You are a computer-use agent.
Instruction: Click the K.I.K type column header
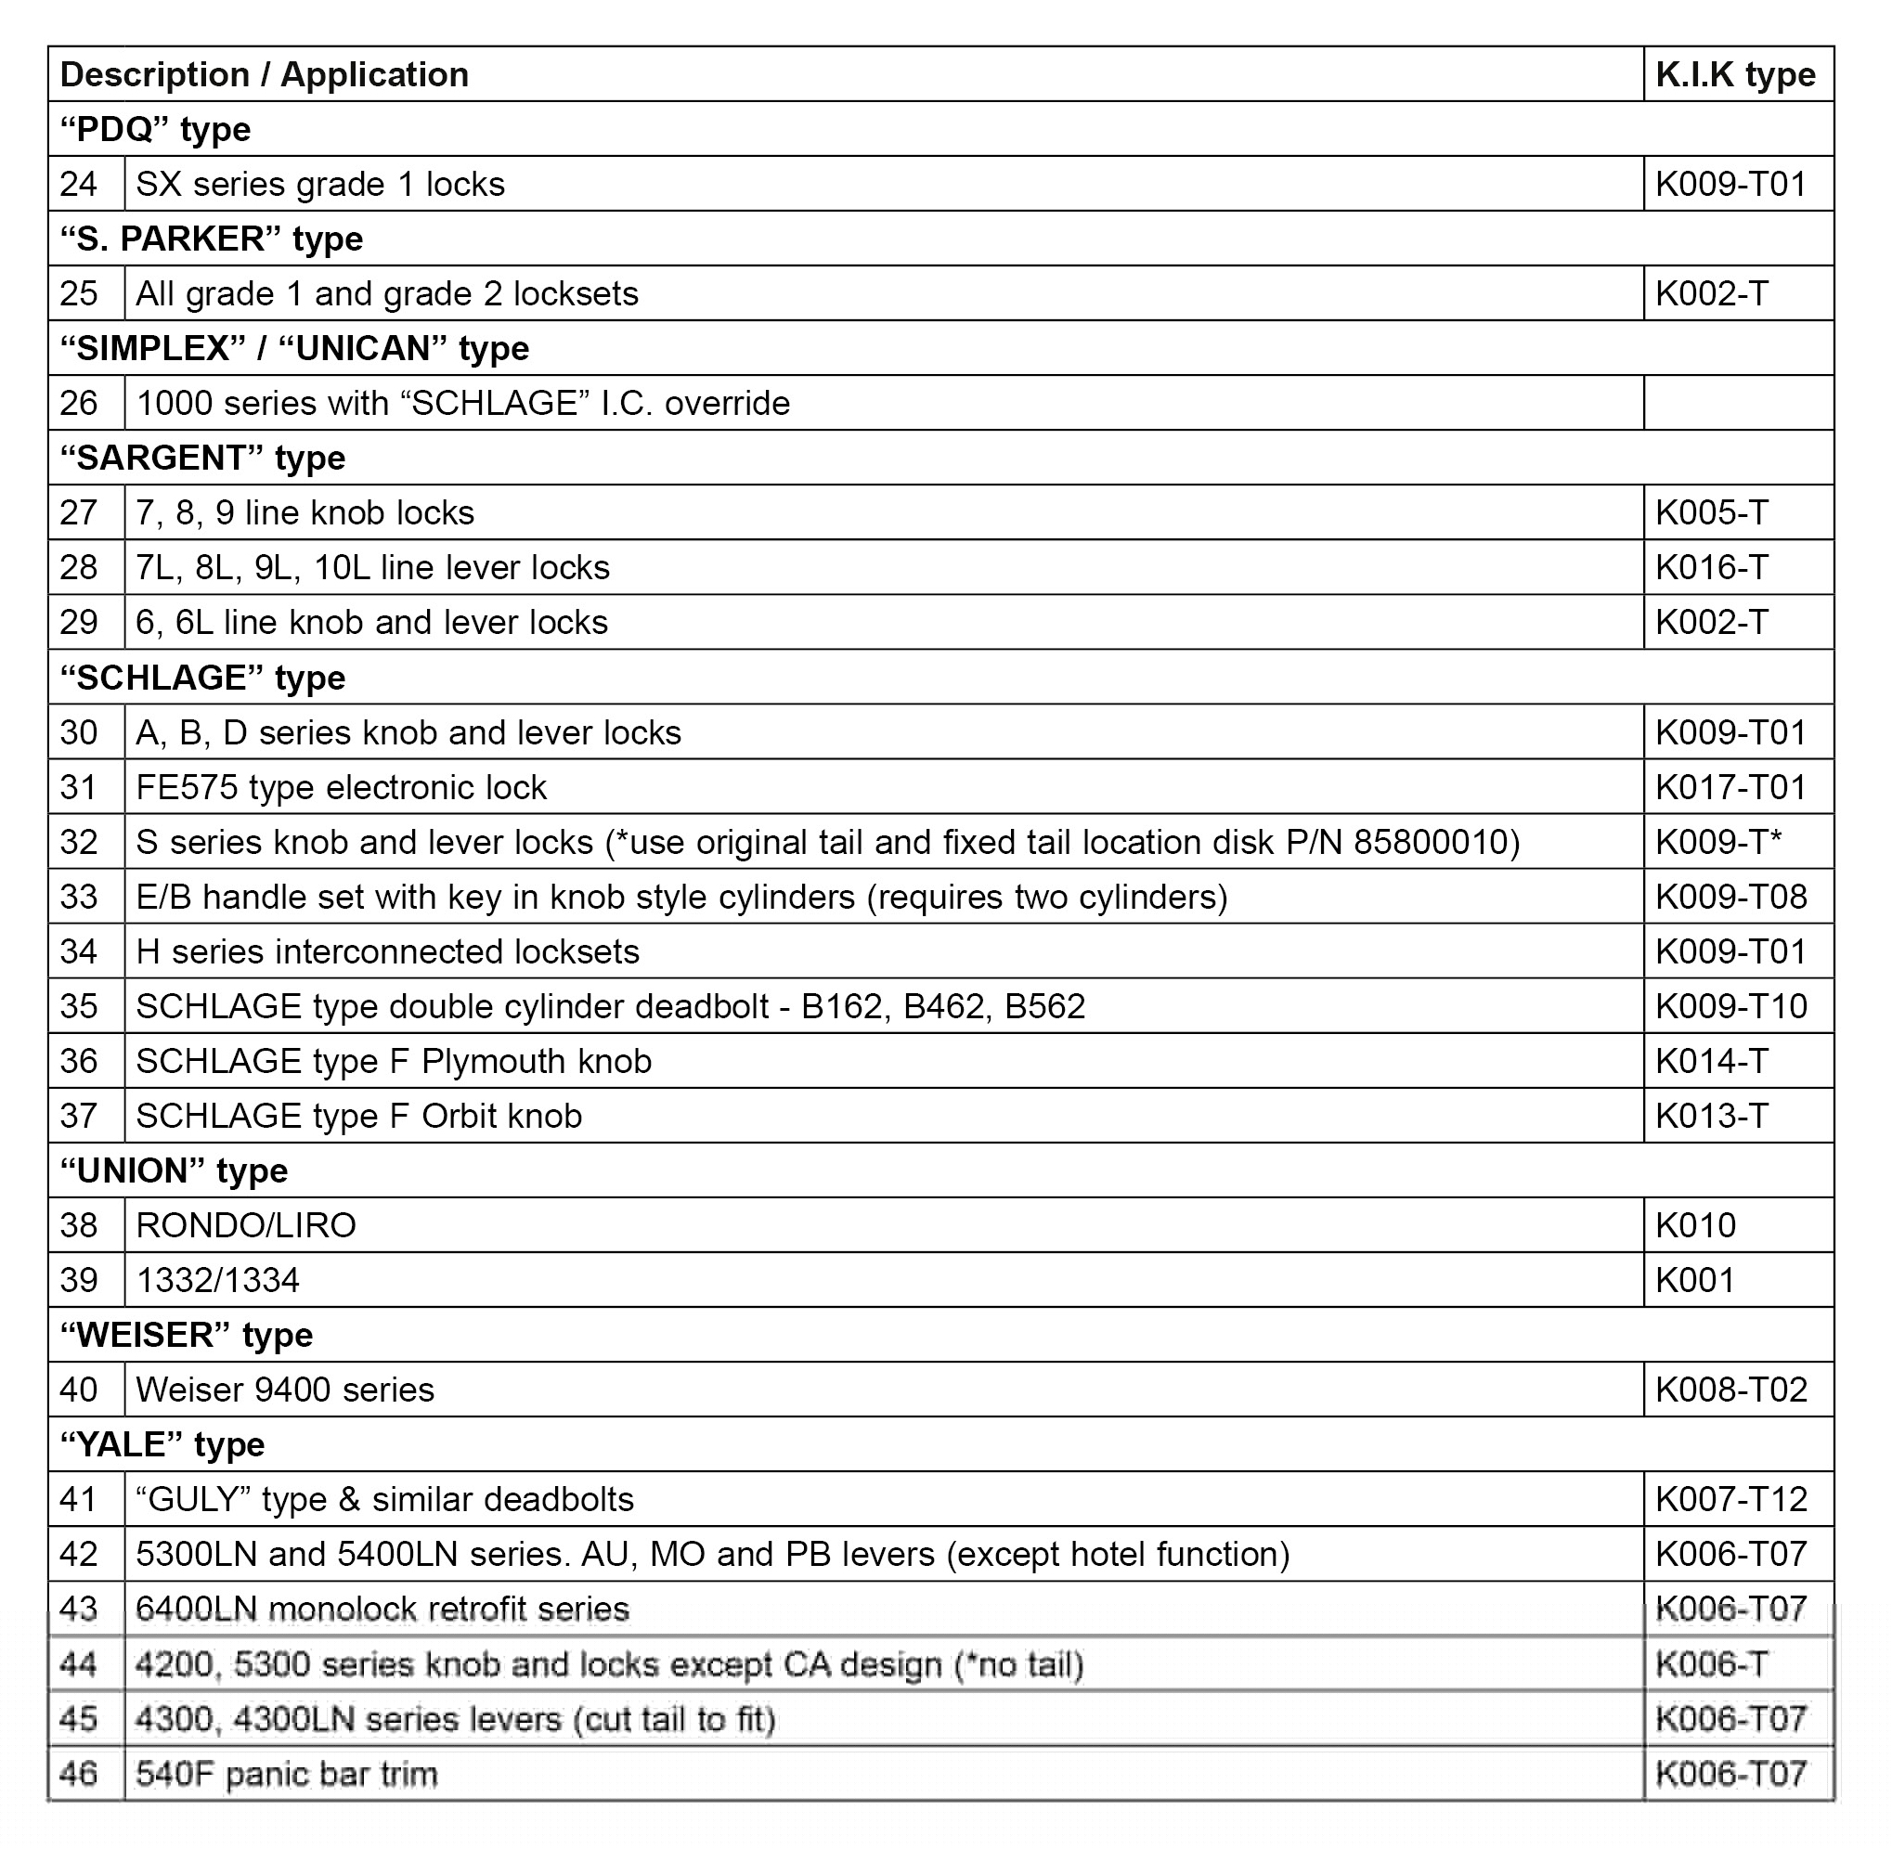[x=1735, y=75]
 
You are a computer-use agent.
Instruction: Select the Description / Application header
[x=265, y=75]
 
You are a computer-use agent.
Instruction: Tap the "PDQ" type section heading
[x=155, y=129]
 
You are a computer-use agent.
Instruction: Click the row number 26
[x=79, y=403]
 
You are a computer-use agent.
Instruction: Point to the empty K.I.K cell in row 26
[x=1738, y=403]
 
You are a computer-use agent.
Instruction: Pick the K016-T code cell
[x=1711, y=567]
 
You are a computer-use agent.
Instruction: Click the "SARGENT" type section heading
[x=202, y=459]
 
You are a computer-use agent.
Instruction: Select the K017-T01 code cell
[x=1730, y=786]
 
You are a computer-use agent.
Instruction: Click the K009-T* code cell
[x=1718, y=842]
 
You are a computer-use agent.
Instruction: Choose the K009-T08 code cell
[x=1730, y=897]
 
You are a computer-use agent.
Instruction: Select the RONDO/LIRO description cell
[x=246, y=1225]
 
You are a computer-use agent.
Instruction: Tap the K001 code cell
[x=1695, y=1280]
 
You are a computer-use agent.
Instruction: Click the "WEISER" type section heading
[x=187, y=1336]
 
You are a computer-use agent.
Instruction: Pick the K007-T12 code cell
[x=1730, y=1499]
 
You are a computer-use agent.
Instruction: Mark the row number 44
[x=79, y=1664]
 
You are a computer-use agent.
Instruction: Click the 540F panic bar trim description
[x=287, y=1774]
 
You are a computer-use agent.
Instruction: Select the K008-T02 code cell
[x=1730, y=1390]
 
